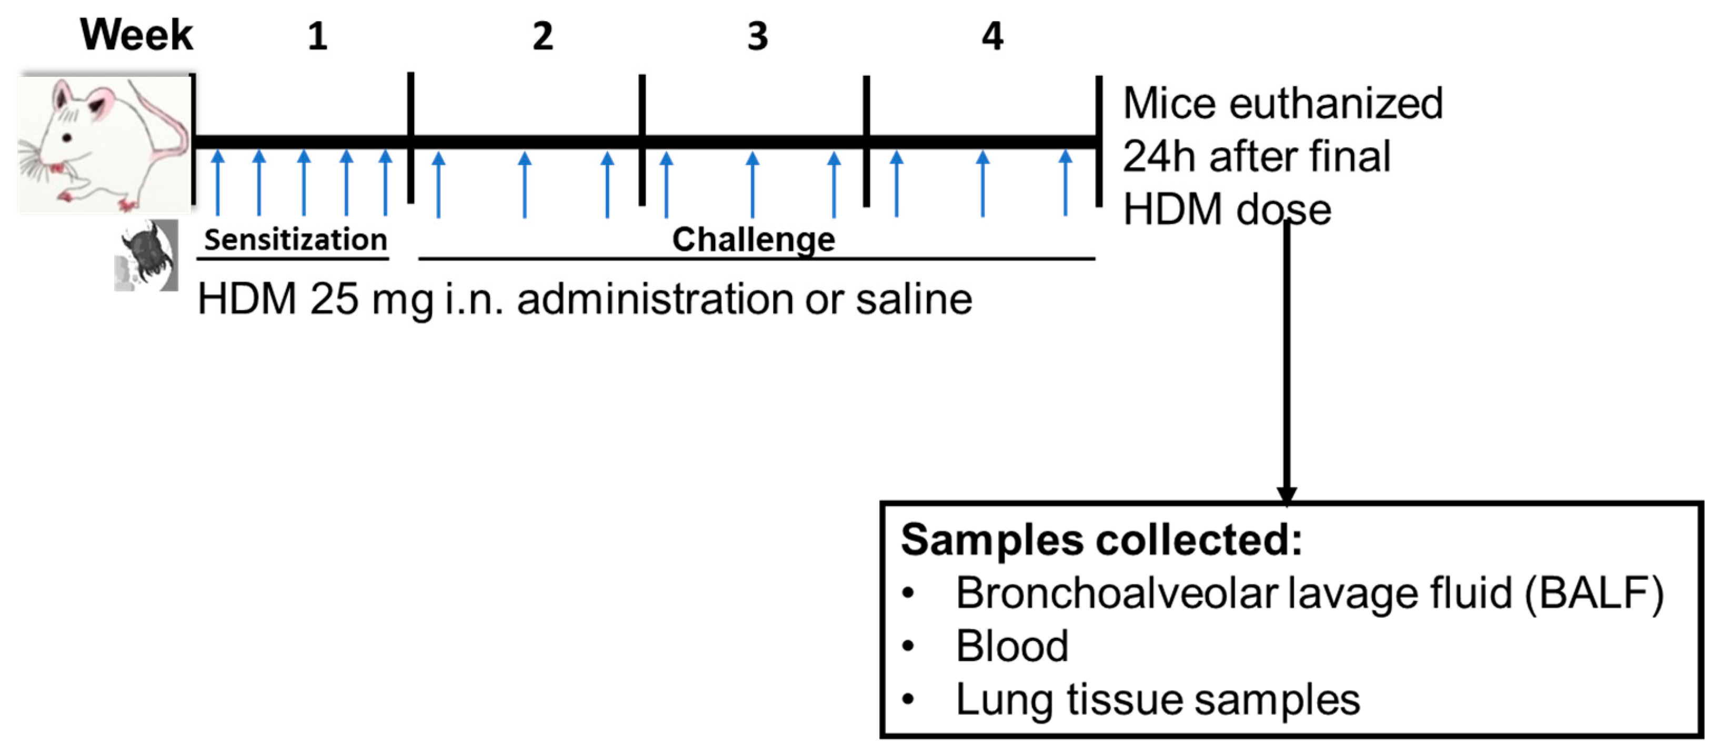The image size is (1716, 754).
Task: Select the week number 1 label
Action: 318,36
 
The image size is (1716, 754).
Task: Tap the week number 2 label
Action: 542,36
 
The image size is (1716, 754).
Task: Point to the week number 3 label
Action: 757,36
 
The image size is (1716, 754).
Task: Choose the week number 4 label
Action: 992,36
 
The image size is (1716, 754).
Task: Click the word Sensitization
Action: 295,239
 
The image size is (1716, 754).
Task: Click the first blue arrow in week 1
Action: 218,183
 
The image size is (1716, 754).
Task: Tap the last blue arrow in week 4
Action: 1065,183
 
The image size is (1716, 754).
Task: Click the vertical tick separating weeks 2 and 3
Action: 641,140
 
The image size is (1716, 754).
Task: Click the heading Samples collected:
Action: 1100,539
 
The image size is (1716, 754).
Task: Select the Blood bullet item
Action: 1011,646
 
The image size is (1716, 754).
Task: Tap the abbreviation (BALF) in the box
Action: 1593,593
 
